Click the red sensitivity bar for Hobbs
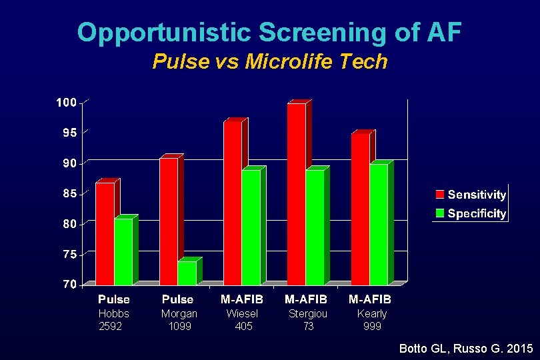(x=105, y=233)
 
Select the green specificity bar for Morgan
(x=187, y=273)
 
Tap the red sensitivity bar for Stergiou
(x=297, y=193)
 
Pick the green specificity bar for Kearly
(x=379, y=224)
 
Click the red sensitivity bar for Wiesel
(x=233, y=203)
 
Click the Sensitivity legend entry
(x=471, y=195)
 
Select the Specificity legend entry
(x=471, y=213)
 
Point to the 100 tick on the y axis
(x=66, y=103)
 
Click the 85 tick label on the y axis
(x=69, y=194)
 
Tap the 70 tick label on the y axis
(x=69, y=285)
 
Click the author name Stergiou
(x=307, y=313)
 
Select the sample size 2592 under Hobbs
(x=110, y=326)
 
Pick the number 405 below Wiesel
(x=243, y=326)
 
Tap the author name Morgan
(x=179, y=313)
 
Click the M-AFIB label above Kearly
(x=370, y=299)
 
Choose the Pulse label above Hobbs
(x=114, y=299)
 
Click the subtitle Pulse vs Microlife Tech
(x=269, y=62)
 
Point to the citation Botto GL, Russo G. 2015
(x=465, y=348)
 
